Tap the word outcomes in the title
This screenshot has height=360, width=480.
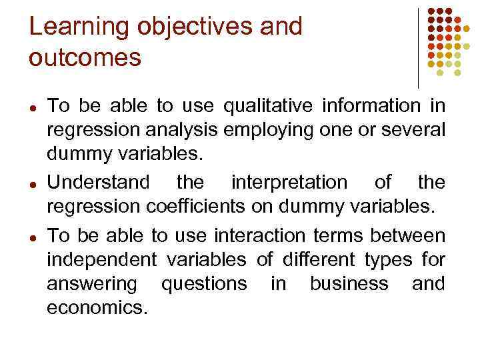(85, 58)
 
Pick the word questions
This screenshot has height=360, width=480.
(204, 283)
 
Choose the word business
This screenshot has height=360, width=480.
(349, 283)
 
